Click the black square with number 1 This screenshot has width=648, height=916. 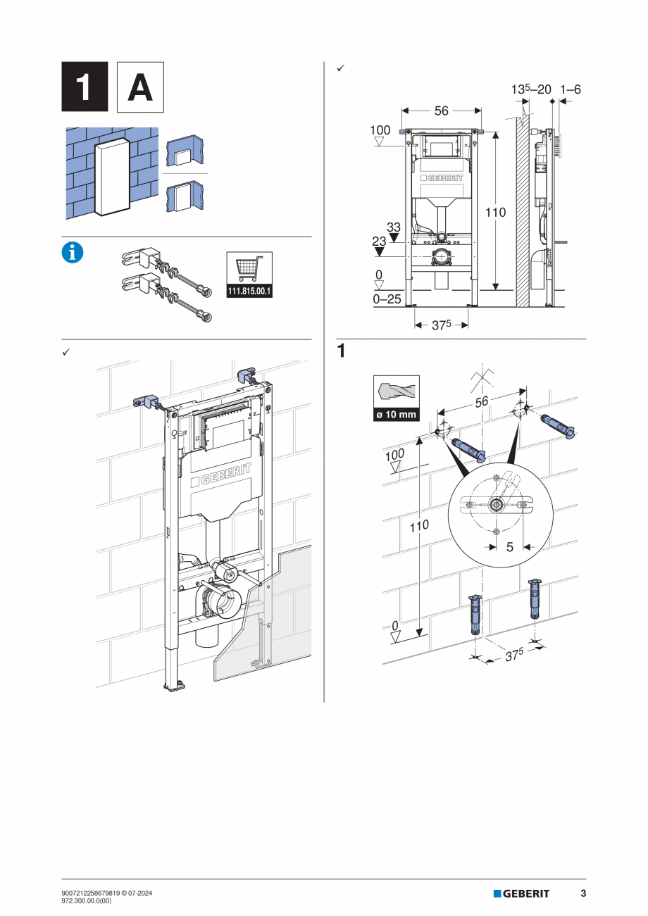point(85,87)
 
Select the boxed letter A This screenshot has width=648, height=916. point(139,87)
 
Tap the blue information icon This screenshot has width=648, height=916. point(73,253)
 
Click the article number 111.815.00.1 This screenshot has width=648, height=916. point(249,291)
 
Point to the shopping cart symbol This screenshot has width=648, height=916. point(249,269)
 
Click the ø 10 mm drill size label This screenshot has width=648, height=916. point(396,415)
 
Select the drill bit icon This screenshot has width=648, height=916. point(396,391)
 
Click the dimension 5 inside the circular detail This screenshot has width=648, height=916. point(509,546)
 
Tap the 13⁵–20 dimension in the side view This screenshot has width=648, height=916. point(531,89)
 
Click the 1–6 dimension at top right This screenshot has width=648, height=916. point(570,89)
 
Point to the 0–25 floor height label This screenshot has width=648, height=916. point(387,299)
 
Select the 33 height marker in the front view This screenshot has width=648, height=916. point(393,227)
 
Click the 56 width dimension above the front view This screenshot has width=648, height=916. point(441,111)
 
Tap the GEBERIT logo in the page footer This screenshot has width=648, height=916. point(521,893)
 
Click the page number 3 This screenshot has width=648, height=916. point(582,893)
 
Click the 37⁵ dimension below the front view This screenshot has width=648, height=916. point(442,325)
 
